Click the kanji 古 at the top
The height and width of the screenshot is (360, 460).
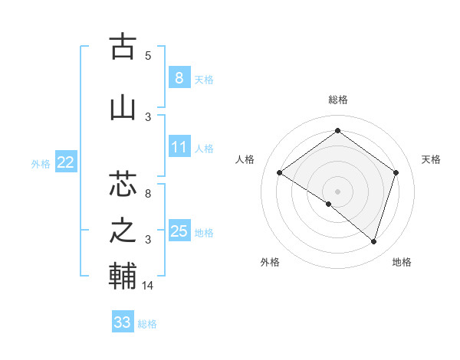(123, 47)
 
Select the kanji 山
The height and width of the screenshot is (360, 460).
(123, 108)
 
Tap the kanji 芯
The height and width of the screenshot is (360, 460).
(123, 184)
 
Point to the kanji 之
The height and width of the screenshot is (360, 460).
(123, 231)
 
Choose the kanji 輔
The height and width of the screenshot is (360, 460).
(123, 277)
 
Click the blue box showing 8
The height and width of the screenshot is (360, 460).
(179, 77)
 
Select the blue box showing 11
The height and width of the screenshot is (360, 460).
(179, 147)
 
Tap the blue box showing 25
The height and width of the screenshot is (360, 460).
(179, 231)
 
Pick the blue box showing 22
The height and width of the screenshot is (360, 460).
(66, 162)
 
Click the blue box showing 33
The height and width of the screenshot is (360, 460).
(123, 322)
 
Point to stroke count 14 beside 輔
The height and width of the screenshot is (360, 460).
(149, 286)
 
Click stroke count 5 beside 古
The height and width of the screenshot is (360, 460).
(148, 55)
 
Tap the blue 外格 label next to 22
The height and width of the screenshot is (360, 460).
(40, 163)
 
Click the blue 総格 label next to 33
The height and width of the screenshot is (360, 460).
(147, 324)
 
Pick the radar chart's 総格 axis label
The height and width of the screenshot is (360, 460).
(337, 100)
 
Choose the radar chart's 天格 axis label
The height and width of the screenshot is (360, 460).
(432, 159)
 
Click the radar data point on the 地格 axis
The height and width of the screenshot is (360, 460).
(373, 242)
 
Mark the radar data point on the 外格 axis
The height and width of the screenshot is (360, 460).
(329, 204)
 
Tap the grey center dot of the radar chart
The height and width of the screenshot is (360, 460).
(337, 191)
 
